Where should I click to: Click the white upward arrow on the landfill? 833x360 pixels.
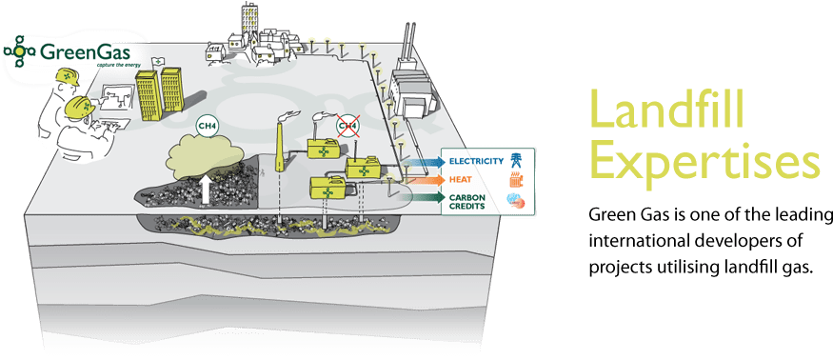coord(207,189)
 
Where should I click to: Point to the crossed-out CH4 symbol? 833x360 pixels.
coord(347,125)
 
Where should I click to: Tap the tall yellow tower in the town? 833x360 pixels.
coord(250,18)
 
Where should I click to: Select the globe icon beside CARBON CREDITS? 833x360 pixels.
coord(514,199)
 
